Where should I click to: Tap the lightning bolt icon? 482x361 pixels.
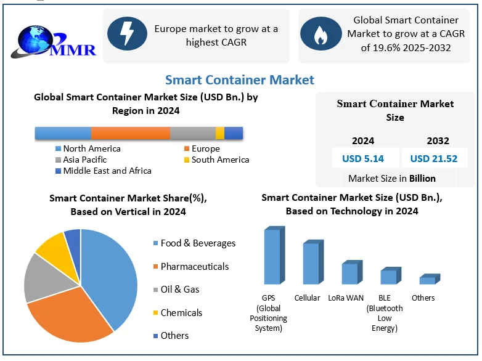[x=127, y=34]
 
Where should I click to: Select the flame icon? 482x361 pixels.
[x=320, y=34]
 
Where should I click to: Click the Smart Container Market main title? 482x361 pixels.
[x=240, y=79]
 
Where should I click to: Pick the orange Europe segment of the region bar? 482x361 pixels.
[x=131, y=133]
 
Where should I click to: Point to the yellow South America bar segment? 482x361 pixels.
[x=220, y=133]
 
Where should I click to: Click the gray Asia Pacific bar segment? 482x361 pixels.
[x=193, y=133]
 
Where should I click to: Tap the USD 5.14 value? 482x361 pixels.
[x=363, y=158]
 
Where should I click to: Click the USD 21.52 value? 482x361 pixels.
[x=434, y=158]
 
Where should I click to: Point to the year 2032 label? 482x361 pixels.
[x=438, y=140]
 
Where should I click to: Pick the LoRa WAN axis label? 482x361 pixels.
[x=346, y=298]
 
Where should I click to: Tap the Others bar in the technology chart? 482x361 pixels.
[x=427, y=280]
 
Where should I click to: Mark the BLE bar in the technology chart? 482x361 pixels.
[x=388, y=277]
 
